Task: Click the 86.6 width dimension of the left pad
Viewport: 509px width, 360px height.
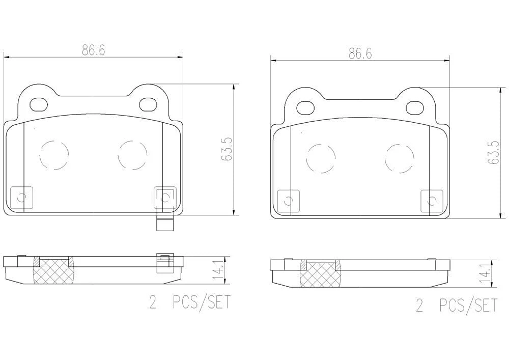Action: (93, 50)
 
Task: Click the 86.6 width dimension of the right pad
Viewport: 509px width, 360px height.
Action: (360, 53)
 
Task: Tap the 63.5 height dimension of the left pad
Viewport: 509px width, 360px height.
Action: (227, 149)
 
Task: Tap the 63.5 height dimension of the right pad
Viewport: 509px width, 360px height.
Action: (493, 153)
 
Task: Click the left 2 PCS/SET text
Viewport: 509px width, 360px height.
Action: (190, 302)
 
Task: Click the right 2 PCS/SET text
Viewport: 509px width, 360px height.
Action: (457, 306)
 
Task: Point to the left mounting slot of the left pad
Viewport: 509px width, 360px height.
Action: (39, 104)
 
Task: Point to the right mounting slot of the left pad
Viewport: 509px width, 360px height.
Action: (148, 104)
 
